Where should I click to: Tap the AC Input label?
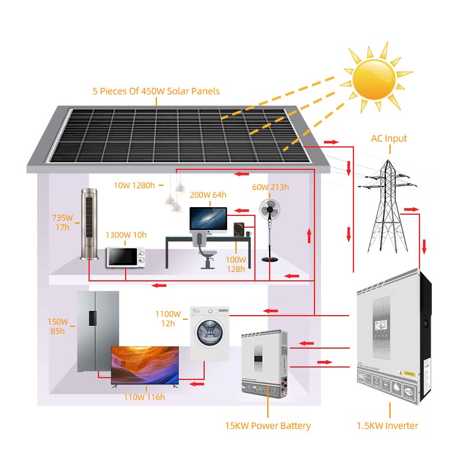[389, 139]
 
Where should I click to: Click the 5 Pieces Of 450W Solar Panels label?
[156, 91]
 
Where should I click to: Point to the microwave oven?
[125, 257]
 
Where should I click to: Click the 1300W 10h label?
[126, 235]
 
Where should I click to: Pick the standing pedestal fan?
[270, 230]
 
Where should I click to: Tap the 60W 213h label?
[271, 187]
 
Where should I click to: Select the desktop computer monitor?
[208, 219]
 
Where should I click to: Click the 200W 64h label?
[207, 194]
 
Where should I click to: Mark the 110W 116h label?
[144, 397]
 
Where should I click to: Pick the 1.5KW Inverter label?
[388, 425]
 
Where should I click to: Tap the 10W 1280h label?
[134, 185]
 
